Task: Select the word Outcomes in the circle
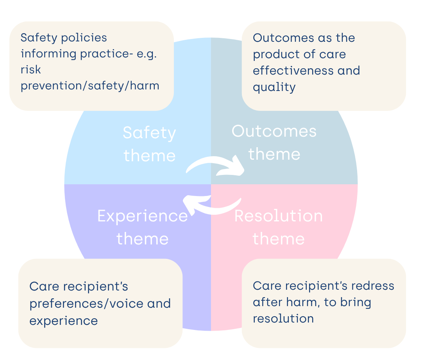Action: [x=274, y=131]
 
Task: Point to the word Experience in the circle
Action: [x=143, y=216]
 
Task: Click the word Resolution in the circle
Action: [x=279, y=216]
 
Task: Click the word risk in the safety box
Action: [x=31, y=70]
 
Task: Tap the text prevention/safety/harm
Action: [x=90, y=86]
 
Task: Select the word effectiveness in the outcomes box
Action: [x=291, y=70]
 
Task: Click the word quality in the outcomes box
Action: [x=274, y=87]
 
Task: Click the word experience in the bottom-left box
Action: [x=64, y=321]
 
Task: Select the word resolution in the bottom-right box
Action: [x=283, y=319]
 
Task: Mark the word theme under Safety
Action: [x=150, y=156]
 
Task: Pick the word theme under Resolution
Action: [x=279, y=239]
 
